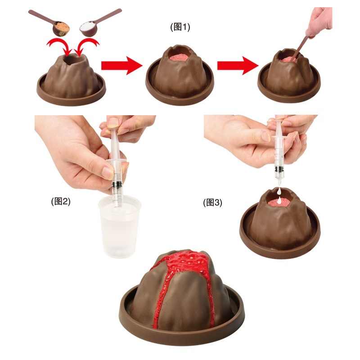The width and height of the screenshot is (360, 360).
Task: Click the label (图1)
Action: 180,27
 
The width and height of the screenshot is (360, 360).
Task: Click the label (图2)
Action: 61,201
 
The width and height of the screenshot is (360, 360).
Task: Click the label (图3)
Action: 212,202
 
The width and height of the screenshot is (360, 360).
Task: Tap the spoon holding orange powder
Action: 50,22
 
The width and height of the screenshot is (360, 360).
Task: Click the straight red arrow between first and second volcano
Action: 121,66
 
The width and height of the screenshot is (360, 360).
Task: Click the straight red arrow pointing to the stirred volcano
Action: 238,66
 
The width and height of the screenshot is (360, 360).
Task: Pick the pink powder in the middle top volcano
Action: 179,57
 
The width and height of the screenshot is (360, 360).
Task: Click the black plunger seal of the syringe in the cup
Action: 117,184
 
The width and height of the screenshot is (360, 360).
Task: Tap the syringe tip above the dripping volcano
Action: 279,183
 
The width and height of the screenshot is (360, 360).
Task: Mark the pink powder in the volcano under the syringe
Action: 278,202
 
